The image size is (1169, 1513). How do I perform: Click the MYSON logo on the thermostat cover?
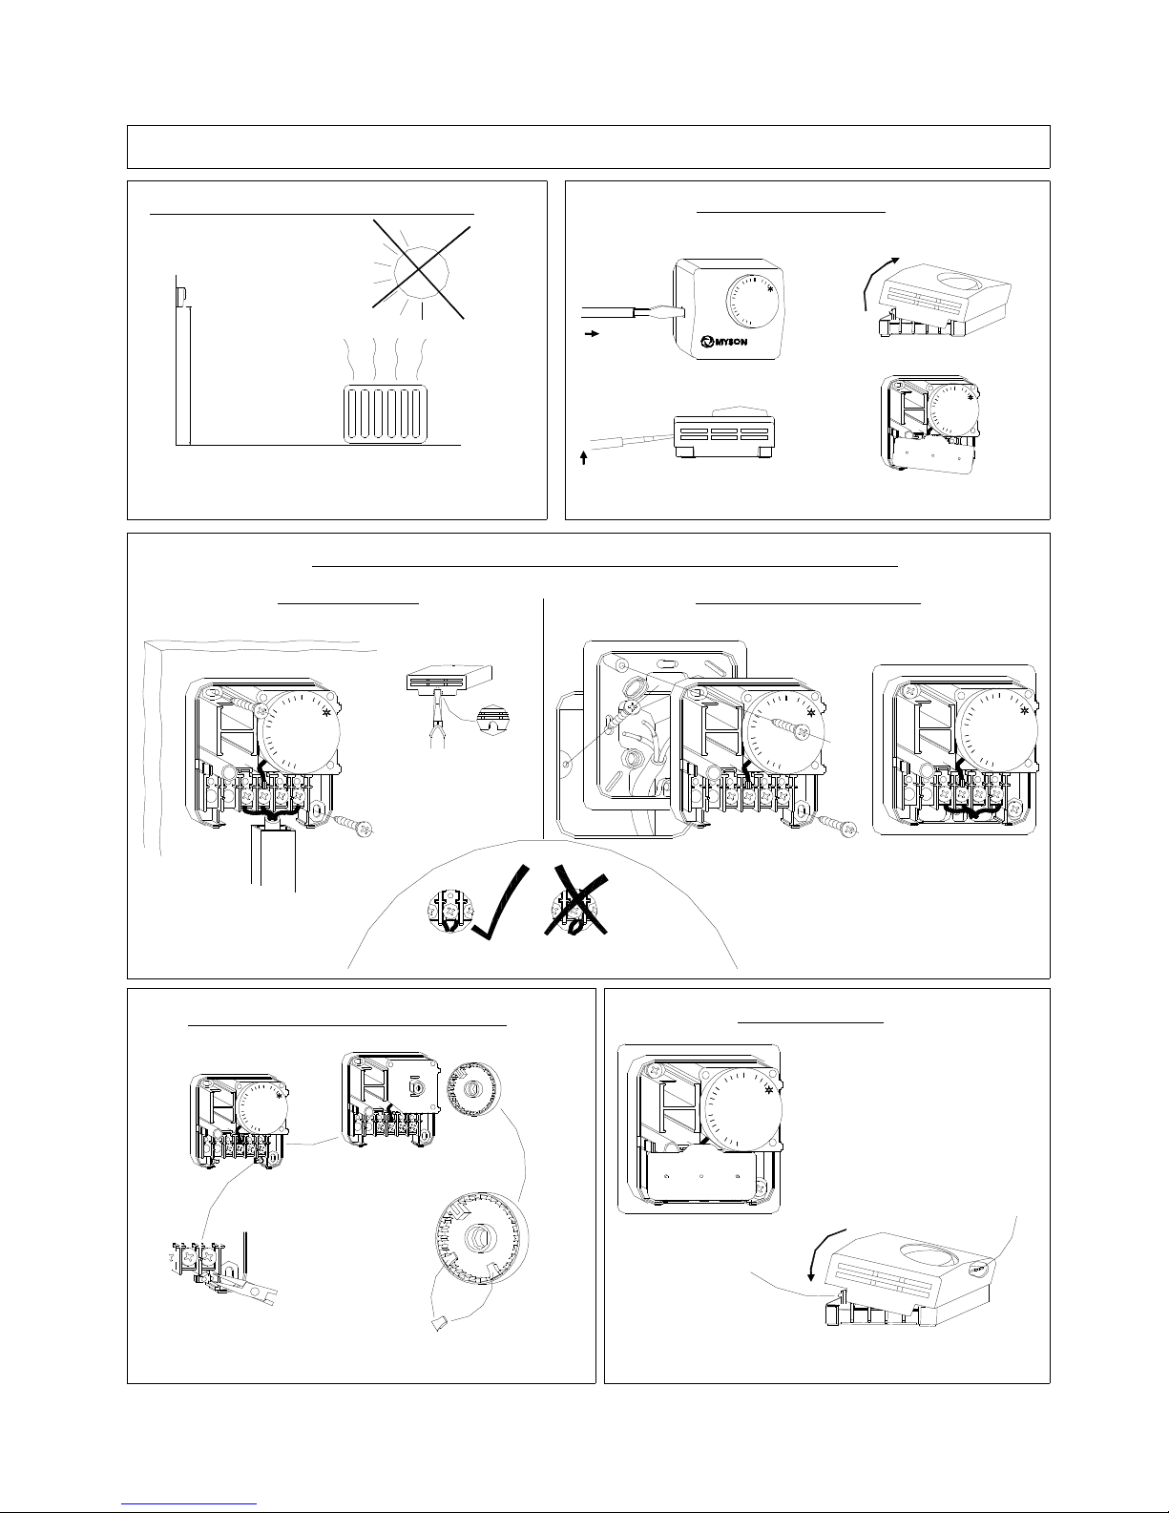pyautogui.click(x=723, y=342)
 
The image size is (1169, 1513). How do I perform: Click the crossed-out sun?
pyautogui.click(x=421, y=269)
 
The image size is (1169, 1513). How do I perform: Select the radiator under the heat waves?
pyautogui.click(x=386, y=413)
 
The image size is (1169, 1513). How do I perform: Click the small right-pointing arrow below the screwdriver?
pyautogui.click(x=592, y=334)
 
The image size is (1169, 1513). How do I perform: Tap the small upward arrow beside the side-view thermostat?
pyautogui.click(x=584, y=457)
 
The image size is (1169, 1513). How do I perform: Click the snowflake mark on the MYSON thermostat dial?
pyautogui.click(x=769, y=288)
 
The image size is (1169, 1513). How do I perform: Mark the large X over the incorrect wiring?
pyautogui.click(x=576, y=904)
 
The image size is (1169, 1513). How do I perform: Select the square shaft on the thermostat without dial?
pyautogui.click(x=415, y=1088)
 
